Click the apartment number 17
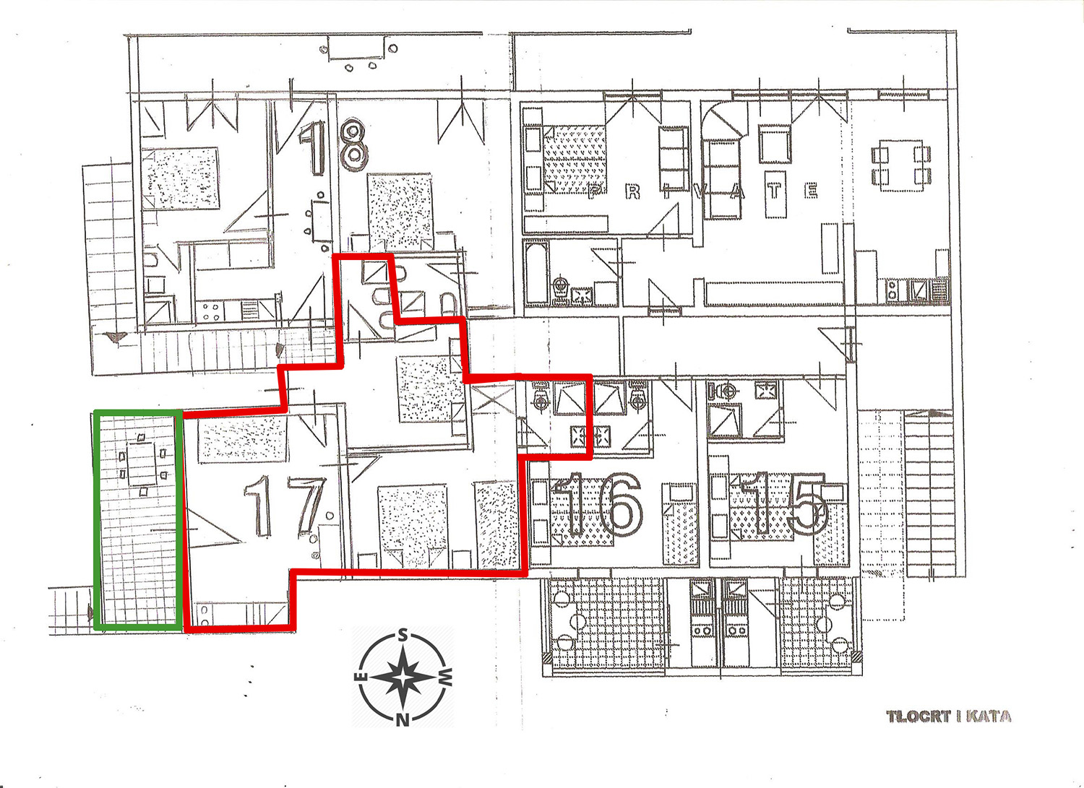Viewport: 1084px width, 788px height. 285,506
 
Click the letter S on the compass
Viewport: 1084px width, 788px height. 402,635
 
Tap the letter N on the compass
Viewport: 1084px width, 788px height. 402,720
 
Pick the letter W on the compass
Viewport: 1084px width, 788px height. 446,677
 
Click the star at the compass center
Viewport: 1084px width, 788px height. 402,677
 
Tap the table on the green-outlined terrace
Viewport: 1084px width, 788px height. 142,464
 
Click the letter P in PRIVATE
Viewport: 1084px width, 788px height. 596,192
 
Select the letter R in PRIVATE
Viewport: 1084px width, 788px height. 632,192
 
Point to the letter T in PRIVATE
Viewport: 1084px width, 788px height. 775,191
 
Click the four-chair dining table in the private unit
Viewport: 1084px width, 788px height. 901,165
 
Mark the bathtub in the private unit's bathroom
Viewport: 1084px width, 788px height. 536,272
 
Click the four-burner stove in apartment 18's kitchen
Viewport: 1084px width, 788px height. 210,311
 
